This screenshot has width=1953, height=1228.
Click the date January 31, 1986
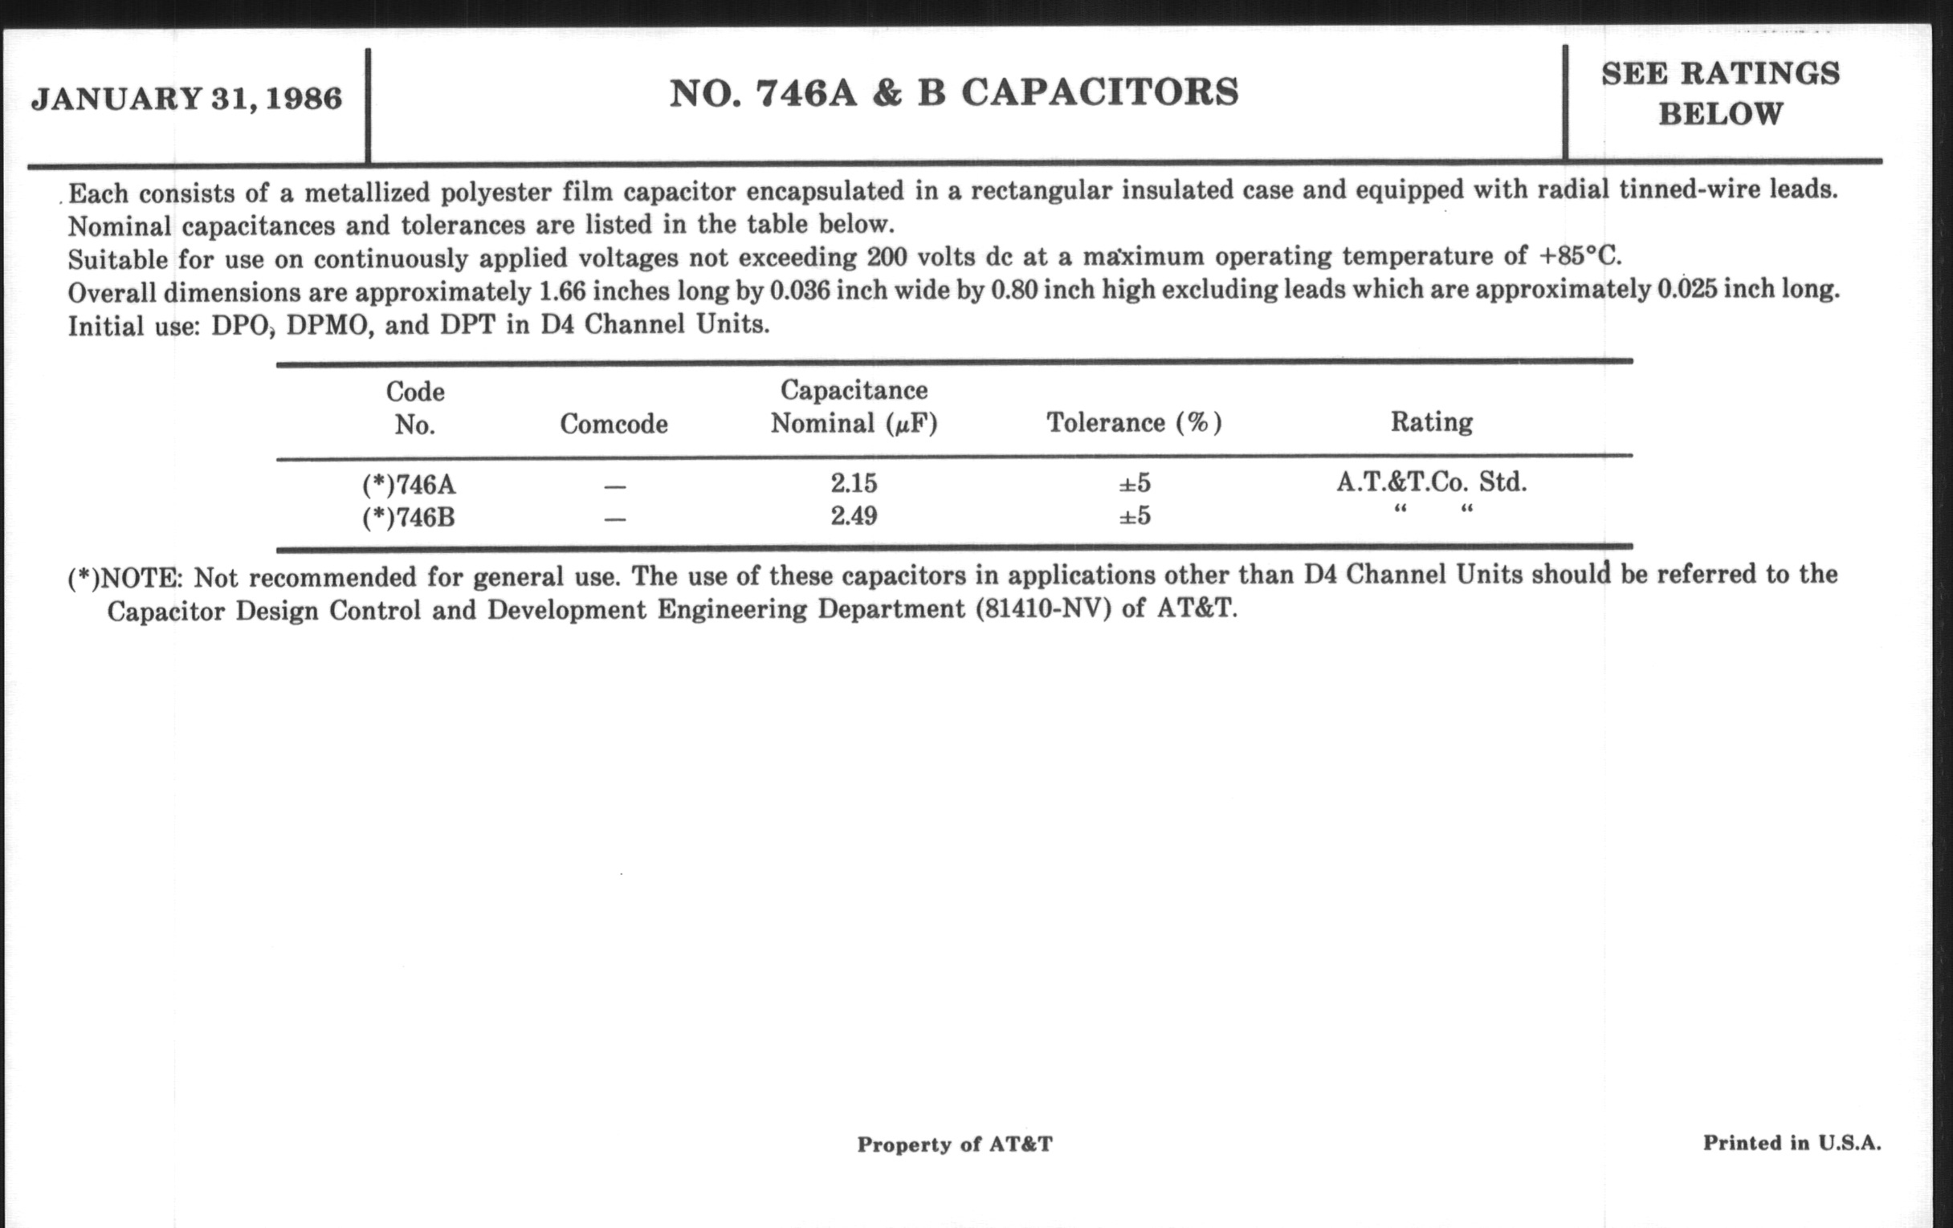[186, 99]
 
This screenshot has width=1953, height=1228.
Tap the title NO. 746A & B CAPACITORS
[954, 92]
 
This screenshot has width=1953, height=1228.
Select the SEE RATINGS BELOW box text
[1720, 93]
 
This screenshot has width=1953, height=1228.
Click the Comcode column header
[614, 423]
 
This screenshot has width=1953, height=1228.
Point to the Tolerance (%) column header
[1134, 422]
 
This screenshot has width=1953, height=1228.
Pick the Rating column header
[1432, 421]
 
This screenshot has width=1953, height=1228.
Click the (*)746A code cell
[409, 485]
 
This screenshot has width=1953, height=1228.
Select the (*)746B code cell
[409, 516]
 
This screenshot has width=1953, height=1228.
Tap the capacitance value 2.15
[853, 483]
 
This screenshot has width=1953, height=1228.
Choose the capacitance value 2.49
[853, 515]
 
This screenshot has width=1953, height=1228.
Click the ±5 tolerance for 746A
[1134, 483]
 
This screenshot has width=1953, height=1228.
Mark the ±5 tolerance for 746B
[1134, 515]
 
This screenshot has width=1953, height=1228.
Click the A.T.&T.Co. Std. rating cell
[1432, 482]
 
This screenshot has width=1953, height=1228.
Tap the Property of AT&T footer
[955, 1144]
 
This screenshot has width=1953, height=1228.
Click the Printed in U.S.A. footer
[1792, 1143]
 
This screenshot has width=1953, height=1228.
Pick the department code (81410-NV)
[1043, 608]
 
